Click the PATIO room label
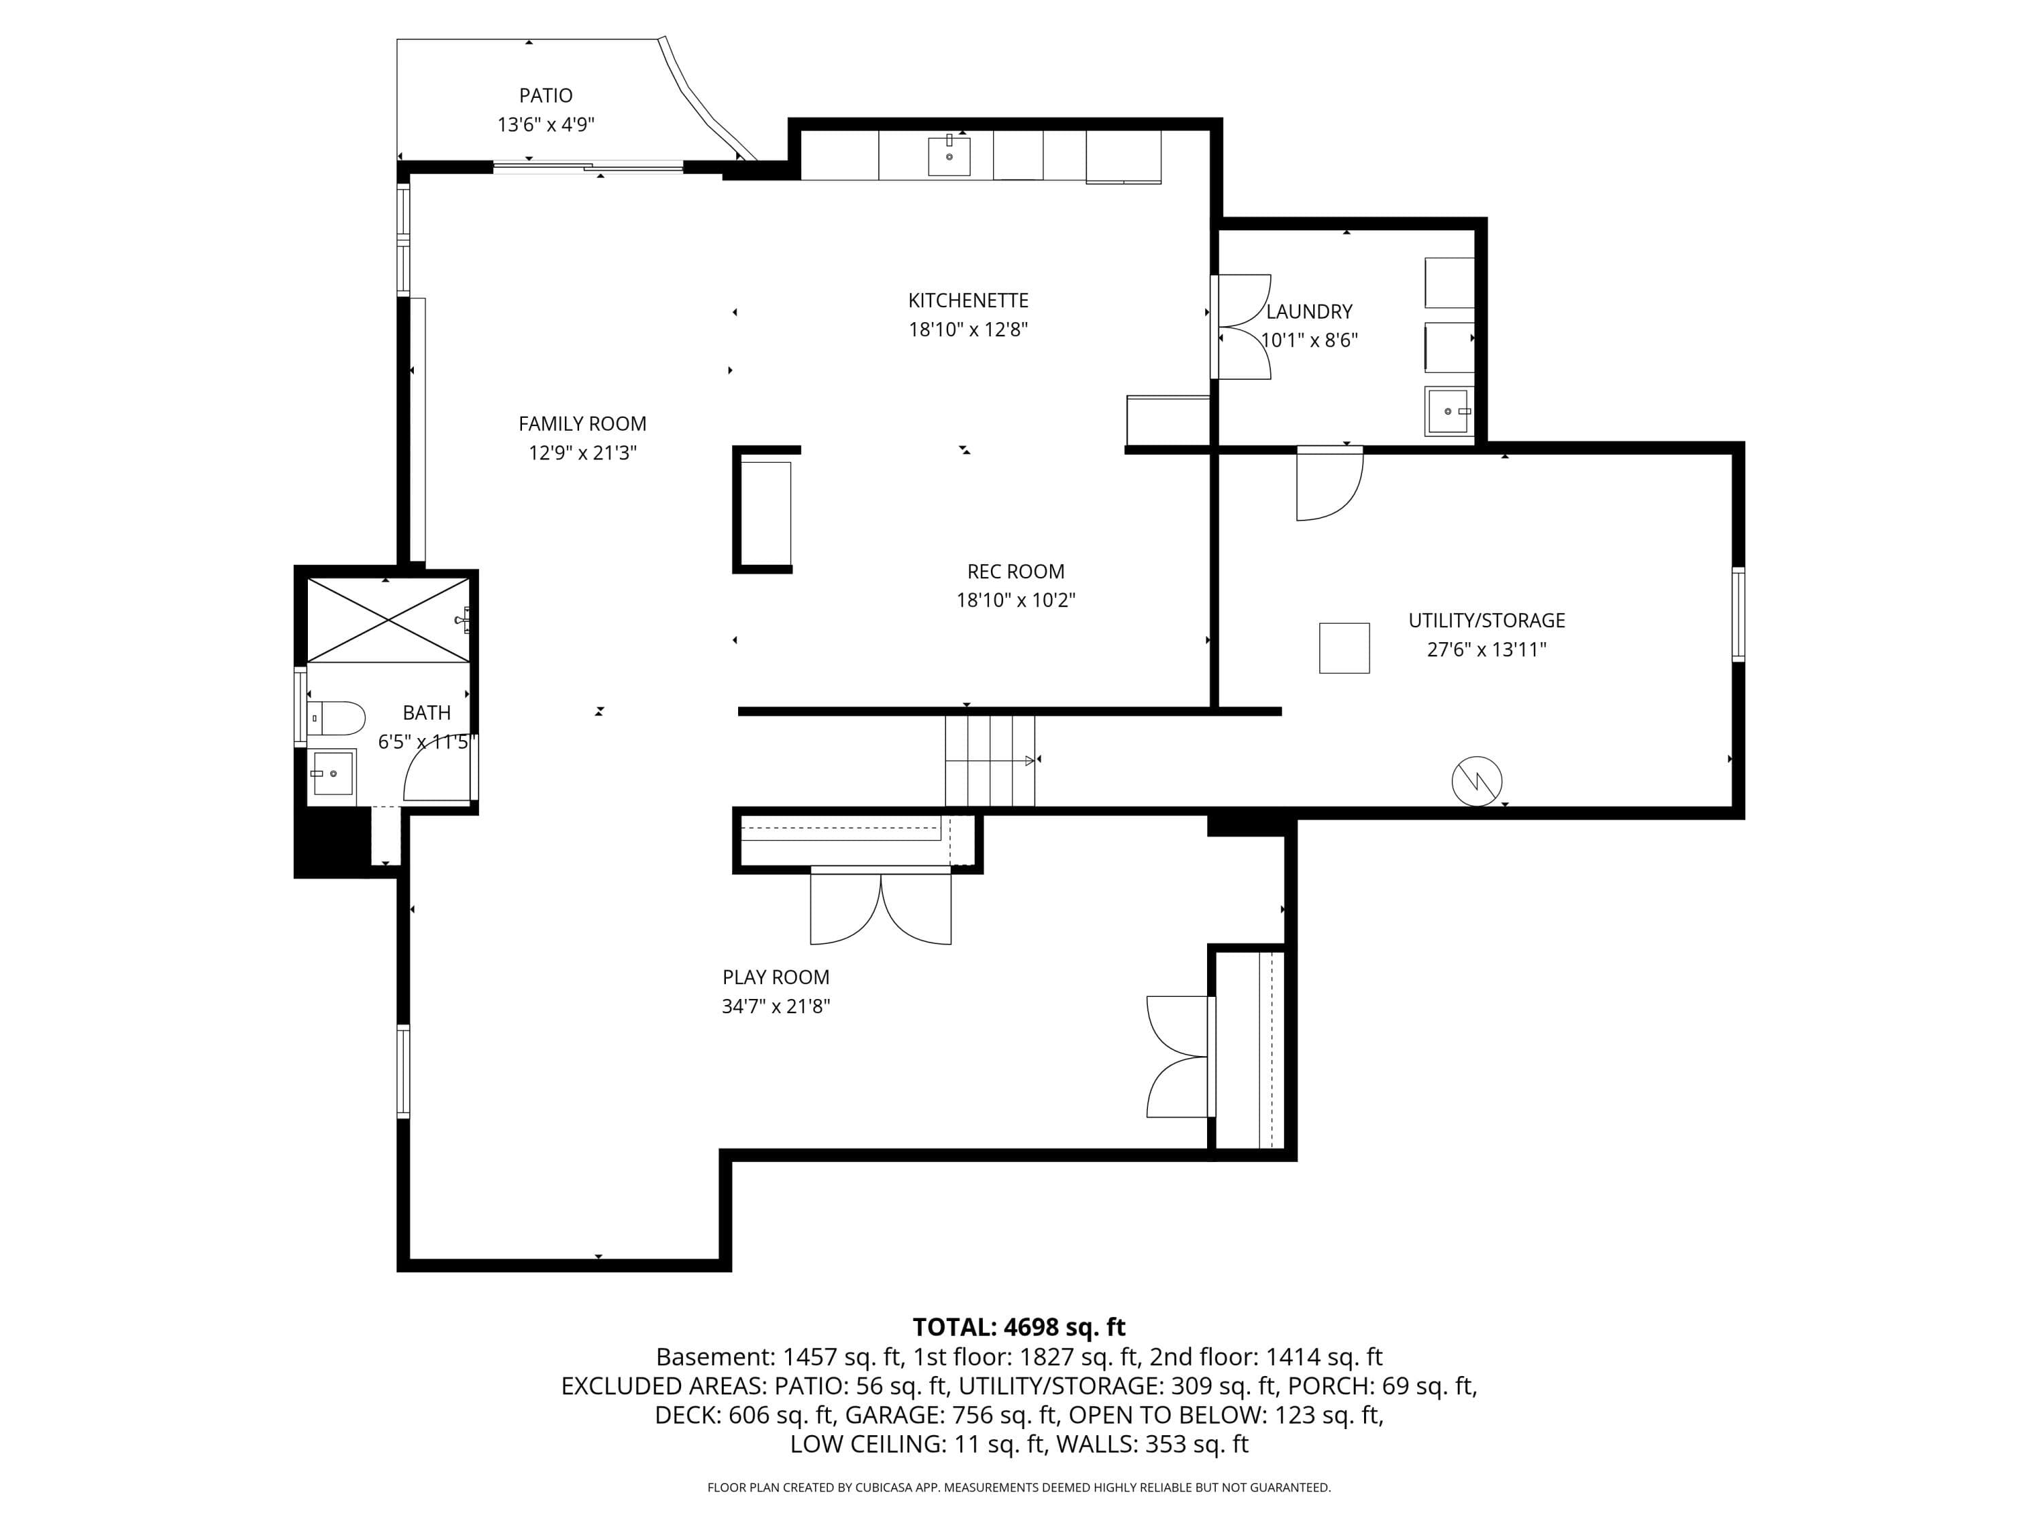pos(546,96)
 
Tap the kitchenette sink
pos(949,155)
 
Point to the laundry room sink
pos(1449,410)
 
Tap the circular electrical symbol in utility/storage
pos(1477,781)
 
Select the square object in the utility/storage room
pos(1344,648)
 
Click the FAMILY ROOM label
pos(582,424)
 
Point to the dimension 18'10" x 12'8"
pos(968,329)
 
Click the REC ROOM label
pos(1016,572)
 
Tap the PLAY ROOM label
pos(776,977)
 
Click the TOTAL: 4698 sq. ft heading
pos(1019,1327)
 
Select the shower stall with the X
pos(388,619)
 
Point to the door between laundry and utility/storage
pos(1329,485)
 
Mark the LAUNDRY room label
pos(1309,311)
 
